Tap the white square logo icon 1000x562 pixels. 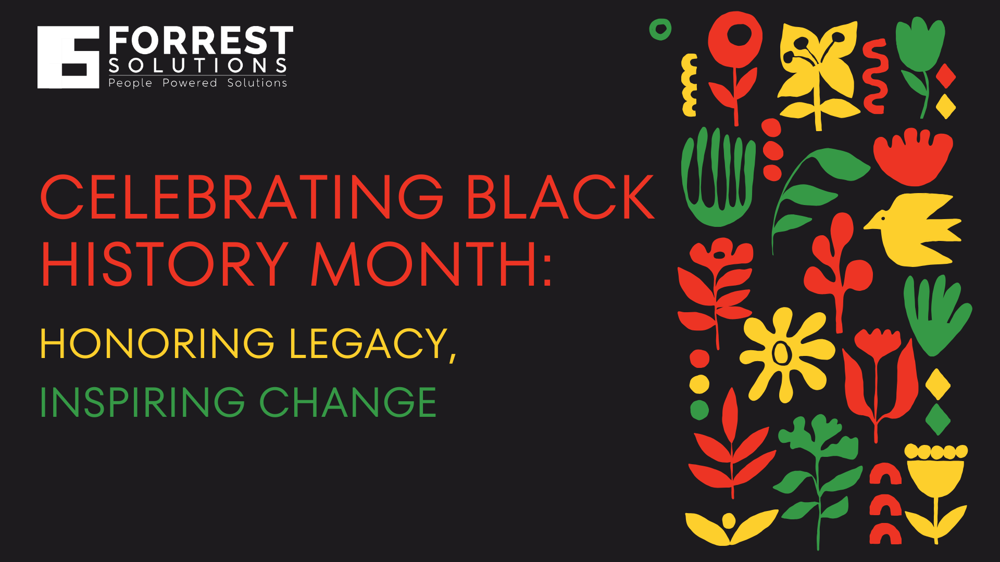click(68, 57)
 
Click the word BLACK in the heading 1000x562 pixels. click(560, 198)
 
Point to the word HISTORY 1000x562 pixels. click(165, 264)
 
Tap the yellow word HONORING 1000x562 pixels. click(157, 343)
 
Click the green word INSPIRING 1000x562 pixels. click(142, 402)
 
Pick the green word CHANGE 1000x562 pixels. click(348, 402)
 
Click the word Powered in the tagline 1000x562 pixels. click(190, 83)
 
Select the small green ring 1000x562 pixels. click(660, 30)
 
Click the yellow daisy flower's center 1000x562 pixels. click(780, 354)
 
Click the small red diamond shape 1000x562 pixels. click(945, 76)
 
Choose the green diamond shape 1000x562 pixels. click(938, 419)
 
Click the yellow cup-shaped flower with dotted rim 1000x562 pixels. click(936, 474)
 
